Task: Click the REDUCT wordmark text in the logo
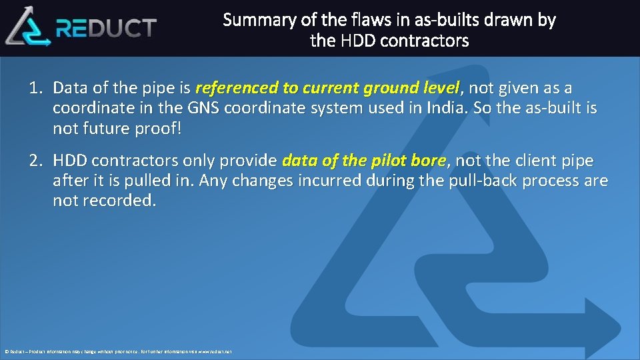[107, 28]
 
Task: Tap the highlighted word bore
[431, 161]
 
